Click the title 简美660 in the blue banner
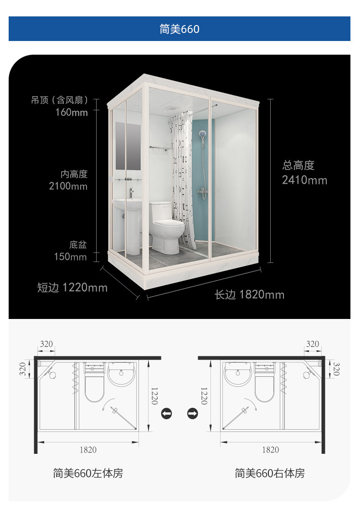180,29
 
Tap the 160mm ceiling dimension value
72,112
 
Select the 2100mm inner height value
68,186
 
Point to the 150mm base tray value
70,257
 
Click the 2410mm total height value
304,180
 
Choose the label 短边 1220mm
72,288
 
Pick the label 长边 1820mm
249,295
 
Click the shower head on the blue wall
202,135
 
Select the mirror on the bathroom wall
128,146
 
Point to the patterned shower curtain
182,180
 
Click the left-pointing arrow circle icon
166,414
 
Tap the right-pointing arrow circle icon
193,414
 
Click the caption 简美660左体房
88,473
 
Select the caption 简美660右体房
270,473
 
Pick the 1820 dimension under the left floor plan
88,450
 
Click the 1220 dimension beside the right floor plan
204,396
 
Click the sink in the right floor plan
238,374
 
